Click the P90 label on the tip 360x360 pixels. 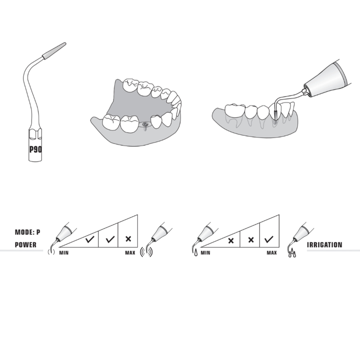click(x=36, y=150)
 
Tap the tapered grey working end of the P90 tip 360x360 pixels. click(x=54, y=51)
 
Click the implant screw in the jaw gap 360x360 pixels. click(x=145, y=126)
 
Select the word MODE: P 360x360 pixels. click(x=28, y=232)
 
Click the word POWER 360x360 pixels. click(x=26, y=245)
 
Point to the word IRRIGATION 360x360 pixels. click(x=324, y=245)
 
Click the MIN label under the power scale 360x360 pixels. click(x=64, y=253)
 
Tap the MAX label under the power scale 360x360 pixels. click(x=130, y=253)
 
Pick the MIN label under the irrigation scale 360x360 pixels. click(x=205, y=253)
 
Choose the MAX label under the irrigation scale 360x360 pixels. click(x=272, y=253)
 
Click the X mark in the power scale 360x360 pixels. click(x=128, y=239)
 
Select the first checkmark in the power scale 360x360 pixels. click(x=90, y=240)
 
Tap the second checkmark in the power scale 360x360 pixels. click(x=110, y=240)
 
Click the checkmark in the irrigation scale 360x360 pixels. click(x=269, y=240)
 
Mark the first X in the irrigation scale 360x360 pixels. click(x=231, y=241)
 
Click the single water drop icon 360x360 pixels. click(x=196, y=253)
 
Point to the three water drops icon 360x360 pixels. click(x=292, y=253)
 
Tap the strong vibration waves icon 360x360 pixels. click(x=146, y=252)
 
